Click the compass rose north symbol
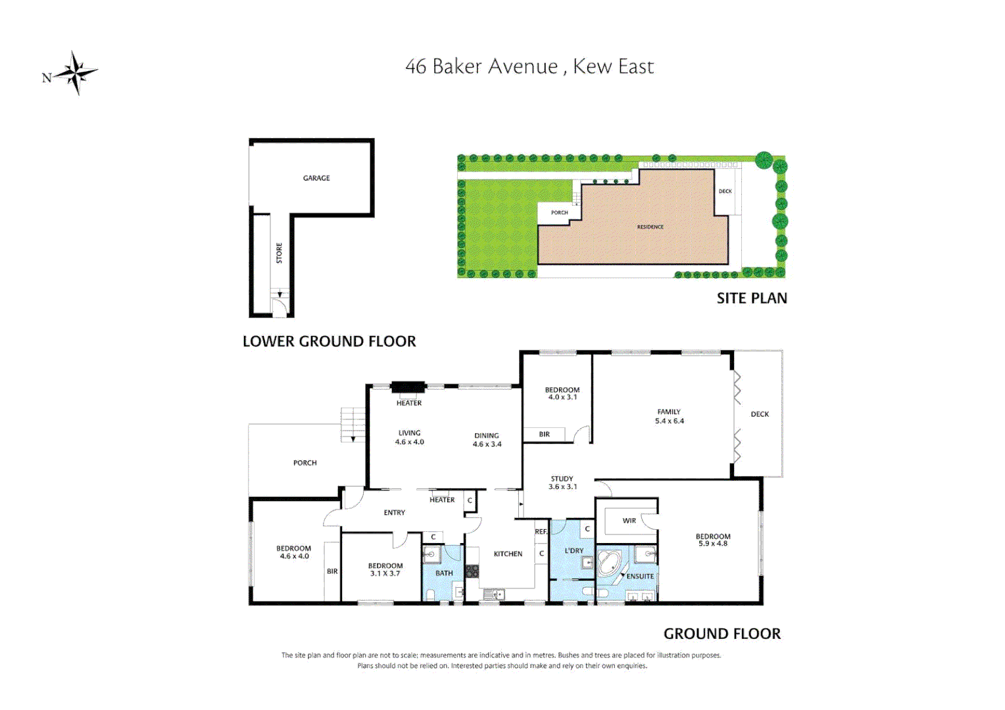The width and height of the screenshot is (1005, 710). pos(75,73)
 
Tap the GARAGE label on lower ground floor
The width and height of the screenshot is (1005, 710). pos(316,178)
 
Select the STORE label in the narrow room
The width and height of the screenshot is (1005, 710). pos(279,253)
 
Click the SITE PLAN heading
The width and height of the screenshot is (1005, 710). pos(751,298)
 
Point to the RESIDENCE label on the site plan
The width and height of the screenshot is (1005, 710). pos(650,227)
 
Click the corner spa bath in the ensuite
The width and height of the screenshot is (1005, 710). pos(609,564)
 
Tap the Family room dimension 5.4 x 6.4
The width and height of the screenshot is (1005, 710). pos(669,421)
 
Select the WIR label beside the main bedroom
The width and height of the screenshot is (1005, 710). pos(629,521)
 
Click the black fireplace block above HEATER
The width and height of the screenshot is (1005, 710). pos(408,388)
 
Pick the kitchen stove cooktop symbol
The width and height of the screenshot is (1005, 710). pos(472,571)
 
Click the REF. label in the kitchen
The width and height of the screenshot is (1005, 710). pos(541,531)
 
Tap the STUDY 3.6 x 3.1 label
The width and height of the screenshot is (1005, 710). pos(562,483)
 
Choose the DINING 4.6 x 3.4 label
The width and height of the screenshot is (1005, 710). pos(487,440)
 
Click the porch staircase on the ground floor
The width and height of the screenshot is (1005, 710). pos(353,424)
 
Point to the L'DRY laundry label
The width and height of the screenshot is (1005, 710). pos(574,550)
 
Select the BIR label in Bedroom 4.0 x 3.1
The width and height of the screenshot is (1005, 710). pos(544,434)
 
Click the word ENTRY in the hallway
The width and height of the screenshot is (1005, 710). pos(394,512)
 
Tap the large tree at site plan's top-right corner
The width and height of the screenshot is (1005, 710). pos(763,160)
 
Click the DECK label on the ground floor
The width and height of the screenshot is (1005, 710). pos(760,414)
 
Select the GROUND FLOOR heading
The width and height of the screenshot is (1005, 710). pos(722,634)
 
